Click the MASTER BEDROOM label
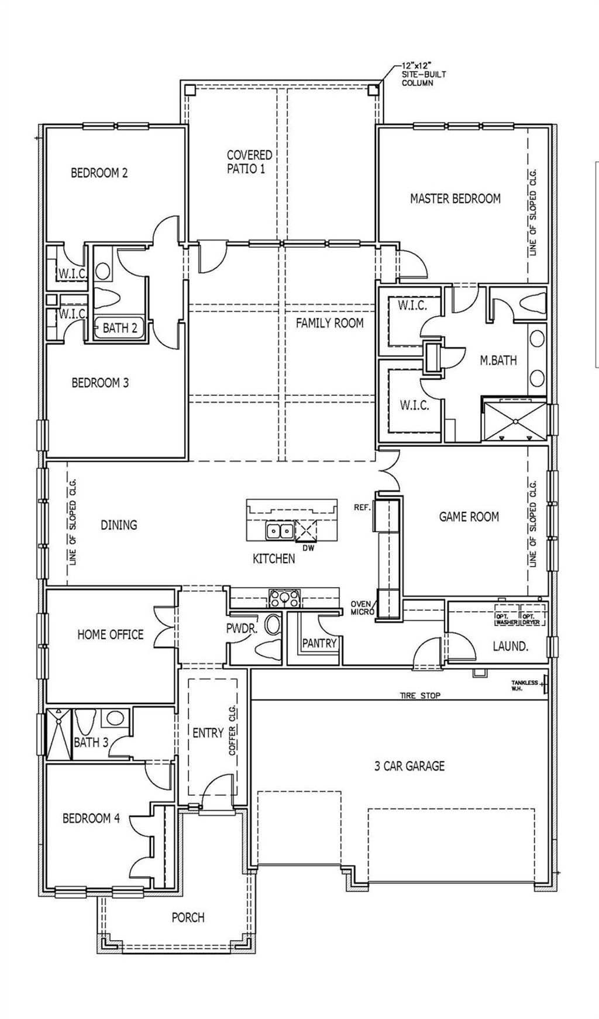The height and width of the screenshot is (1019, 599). tap(455, 199)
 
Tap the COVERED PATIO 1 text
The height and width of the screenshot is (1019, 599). tap(250, 162)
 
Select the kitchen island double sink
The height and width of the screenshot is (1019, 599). tap(280, 531)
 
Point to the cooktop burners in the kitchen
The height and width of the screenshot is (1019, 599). tap(284, 598)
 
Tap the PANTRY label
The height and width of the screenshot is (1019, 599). tap(319, 643)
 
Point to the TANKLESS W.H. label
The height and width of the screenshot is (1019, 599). tap(524, 685)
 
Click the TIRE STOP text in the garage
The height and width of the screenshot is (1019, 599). tap(420, 695)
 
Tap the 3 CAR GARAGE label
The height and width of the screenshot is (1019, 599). tap(409, 765)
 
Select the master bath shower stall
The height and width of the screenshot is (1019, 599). tap(515, 420)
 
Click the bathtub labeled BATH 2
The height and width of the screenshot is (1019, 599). tap(119, 328)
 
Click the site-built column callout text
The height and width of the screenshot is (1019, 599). tap(417, 74)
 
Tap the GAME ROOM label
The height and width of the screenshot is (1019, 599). tap(469, 517)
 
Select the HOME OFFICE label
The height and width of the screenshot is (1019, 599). tap(110, 635)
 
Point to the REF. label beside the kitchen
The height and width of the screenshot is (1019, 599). tap(362, 508)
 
